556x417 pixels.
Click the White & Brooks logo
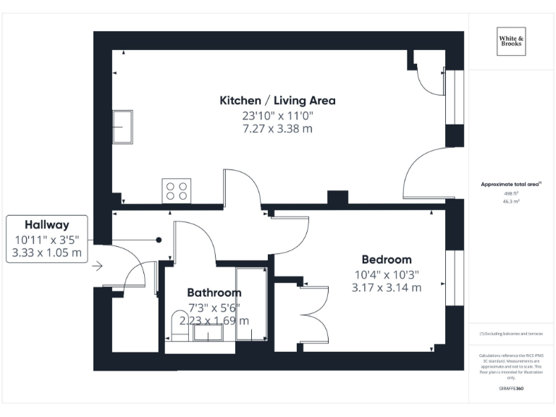point(512,41)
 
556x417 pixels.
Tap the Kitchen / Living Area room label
point(277,100)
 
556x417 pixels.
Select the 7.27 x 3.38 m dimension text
point(277,129)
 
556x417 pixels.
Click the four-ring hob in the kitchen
point(177,191)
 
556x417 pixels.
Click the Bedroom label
point(387,259)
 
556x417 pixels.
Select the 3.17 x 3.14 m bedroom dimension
point(387,287)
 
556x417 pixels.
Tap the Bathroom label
point(214,292)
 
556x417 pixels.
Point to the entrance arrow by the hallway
point(98,266)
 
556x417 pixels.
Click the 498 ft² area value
point(512,193)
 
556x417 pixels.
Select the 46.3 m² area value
point(512,202)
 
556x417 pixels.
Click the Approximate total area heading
point(511,185)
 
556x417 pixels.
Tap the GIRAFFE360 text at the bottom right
point(512,389)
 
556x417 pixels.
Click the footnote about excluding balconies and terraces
point(511,334)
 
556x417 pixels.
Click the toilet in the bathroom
point(178,324)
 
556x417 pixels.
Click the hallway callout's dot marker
point(158,240)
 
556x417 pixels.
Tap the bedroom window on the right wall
point(455,279)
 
